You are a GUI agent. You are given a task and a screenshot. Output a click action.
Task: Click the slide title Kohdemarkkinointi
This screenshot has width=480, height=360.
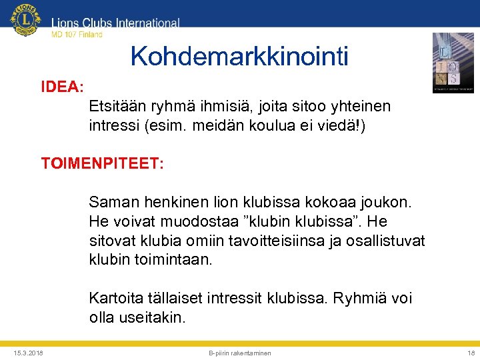[239, 57]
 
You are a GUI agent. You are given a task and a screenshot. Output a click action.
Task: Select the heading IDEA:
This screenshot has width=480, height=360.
[62, 87]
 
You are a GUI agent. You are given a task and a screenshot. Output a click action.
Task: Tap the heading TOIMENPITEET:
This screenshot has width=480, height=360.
[102, 163]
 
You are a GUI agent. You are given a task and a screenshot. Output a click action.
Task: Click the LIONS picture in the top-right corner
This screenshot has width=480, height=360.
[453, 62]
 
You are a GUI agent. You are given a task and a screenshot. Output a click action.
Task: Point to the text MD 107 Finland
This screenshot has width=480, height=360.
[77, 35]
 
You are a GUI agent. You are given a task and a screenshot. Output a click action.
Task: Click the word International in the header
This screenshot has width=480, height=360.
[147, 23]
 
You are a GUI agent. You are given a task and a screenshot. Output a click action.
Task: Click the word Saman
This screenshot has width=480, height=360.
[111, 201]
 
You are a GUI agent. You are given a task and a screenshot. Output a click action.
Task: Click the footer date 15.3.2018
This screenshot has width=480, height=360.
[27, 353]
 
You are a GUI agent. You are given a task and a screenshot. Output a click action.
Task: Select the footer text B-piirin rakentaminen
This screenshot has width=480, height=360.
[240, 353]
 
